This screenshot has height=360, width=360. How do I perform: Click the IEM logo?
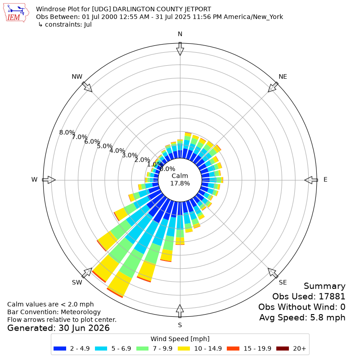16,13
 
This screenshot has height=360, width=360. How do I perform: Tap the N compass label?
180,34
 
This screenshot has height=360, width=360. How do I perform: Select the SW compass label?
77,283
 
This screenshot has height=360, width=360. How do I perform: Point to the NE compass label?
283,76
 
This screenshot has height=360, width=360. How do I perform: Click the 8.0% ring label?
67,132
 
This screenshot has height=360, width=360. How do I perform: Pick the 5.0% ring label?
105,146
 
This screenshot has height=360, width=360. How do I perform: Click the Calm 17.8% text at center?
180,180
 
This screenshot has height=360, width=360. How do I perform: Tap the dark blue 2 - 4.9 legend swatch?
60,348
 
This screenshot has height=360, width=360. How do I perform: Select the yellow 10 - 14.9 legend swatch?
184,348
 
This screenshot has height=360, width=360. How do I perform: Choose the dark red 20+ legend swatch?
283,348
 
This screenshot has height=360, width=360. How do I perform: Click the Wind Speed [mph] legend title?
180,339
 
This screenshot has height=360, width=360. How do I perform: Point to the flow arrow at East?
311,180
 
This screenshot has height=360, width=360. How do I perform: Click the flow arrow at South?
180,311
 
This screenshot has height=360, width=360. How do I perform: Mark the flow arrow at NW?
87,87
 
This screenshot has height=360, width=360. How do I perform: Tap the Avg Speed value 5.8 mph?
328,318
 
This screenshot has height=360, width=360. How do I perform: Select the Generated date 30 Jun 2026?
84,328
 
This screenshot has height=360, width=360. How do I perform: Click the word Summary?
324,286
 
